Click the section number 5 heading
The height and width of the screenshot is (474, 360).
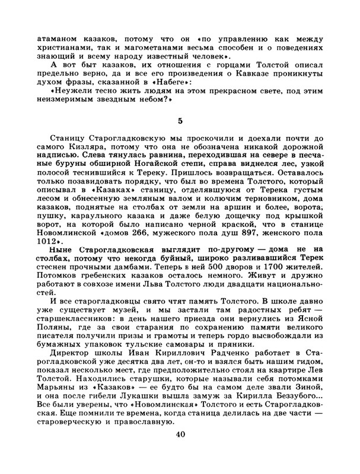click(x=180, y=121)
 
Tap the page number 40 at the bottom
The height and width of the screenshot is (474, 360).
click(x=180, y=435)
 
